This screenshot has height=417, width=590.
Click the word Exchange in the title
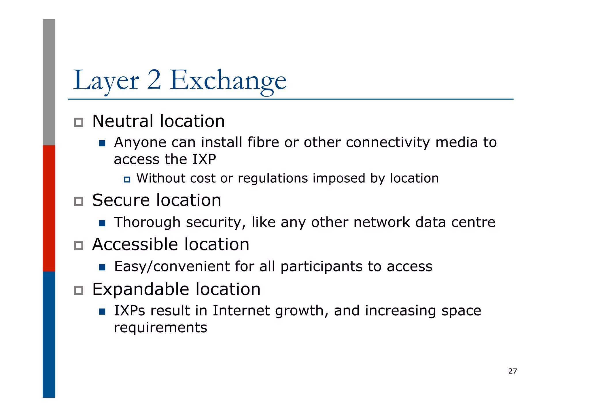click(228, 81)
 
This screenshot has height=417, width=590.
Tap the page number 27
click(513, 371)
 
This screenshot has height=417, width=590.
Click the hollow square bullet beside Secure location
click(78, 201)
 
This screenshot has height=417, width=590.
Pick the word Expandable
click(140, 289)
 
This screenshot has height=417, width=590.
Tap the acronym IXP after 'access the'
click(204, 159)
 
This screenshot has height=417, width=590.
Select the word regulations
click(273, 178)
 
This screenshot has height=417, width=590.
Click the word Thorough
click(147, 222)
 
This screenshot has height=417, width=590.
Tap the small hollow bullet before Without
click(127, 180)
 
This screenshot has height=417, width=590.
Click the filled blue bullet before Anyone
click(102, 143)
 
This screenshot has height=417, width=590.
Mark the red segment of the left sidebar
click(49, 208)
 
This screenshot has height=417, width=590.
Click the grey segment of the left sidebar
click(49, 82)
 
